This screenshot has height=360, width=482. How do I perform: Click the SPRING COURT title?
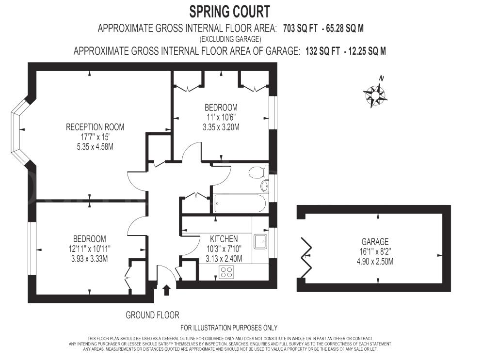229,11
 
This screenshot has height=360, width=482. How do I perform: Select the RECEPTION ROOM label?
95,127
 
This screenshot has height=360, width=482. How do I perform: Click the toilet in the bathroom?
257,172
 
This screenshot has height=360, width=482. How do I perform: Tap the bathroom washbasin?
264,186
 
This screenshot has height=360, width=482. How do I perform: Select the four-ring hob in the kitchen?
226,272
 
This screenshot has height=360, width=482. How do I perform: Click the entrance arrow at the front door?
166,290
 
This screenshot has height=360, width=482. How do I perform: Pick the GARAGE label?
375,242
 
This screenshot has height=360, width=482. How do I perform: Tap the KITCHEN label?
224,239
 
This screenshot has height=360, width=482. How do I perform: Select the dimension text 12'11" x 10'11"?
90,249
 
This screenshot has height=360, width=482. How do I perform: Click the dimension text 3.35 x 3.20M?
221,127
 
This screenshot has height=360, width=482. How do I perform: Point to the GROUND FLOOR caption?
152,315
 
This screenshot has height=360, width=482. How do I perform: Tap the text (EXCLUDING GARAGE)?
230,39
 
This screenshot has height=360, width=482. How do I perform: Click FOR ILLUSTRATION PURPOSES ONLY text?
229,328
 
